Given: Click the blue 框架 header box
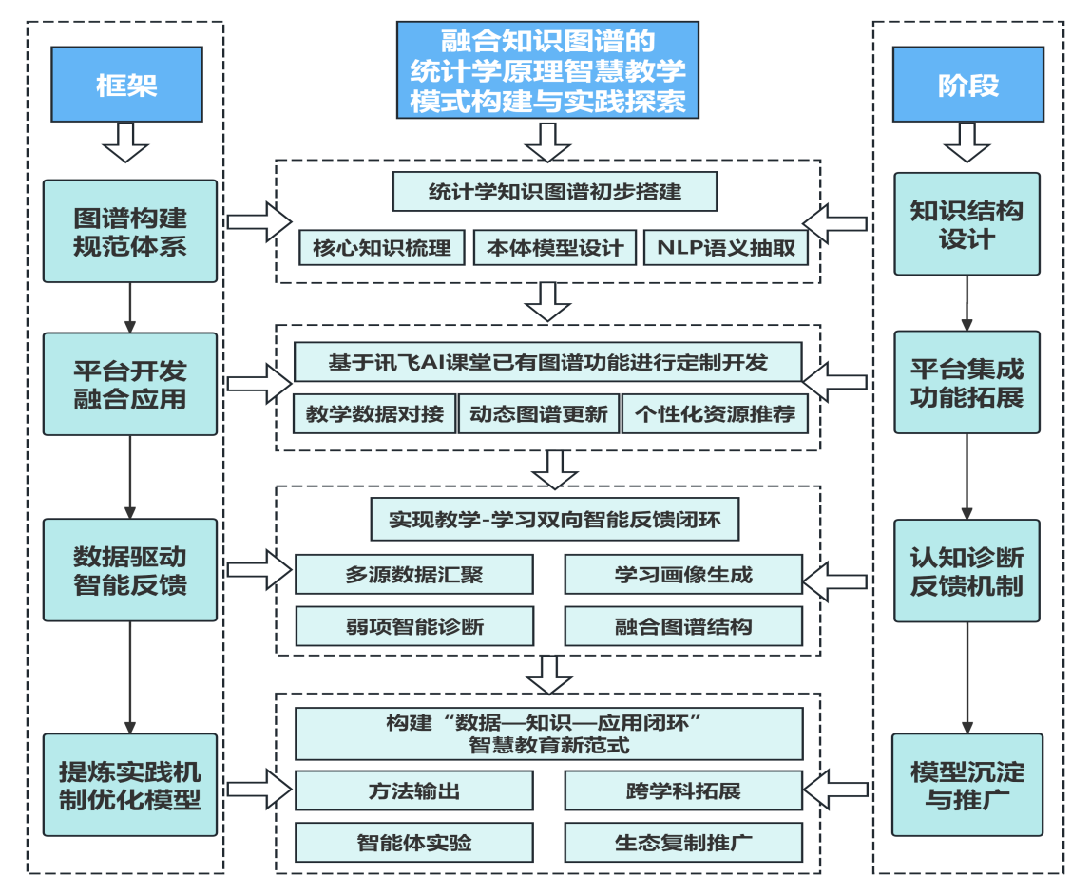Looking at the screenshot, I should click(x=126, y=85).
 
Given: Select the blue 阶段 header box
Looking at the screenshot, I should click(x=967, y=85).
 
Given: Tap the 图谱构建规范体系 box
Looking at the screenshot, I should click(x=130, y=232).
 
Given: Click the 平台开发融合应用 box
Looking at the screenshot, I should click(x=130, y=384).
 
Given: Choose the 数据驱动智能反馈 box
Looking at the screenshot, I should click(x=130, y=570).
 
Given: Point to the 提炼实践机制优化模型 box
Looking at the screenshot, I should click(x=130, y=785).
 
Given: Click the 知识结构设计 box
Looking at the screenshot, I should click(x=967, y=224).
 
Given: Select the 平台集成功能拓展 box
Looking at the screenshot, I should click(x=967, y=382).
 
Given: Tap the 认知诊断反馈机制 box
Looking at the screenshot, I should click(x=967, y=570).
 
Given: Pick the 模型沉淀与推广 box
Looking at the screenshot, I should click(x=967, y=785).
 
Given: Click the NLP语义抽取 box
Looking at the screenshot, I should click(x=726, y=249).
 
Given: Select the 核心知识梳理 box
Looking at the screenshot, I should click(x=381, y=249).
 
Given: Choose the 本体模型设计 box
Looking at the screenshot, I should click(x=555, y=249).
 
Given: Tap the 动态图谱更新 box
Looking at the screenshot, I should click(x=538, y=414).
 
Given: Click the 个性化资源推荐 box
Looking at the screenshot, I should click(x=715, y=414).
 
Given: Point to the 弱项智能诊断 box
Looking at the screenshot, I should click(x=414, y=626).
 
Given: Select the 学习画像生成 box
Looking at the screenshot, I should click(x=683, y=575).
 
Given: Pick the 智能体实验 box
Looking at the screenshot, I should click(x=414, y=843).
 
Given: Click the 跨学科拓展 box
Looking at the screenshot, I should click(x=683, y=790).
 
